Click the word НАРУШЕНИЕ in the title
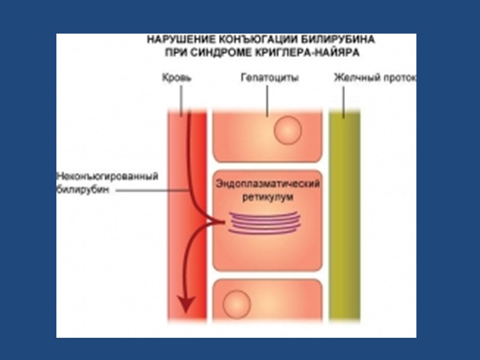point(174,40)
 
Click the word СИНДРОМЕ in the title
point(239,52)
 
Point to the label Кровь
point(177,78)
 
